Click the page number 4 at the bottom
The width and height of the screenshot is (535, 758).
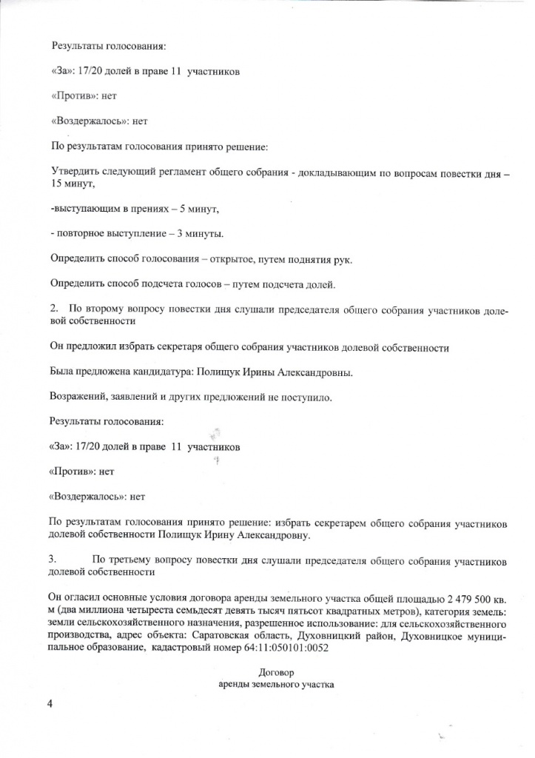[51, 704]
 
